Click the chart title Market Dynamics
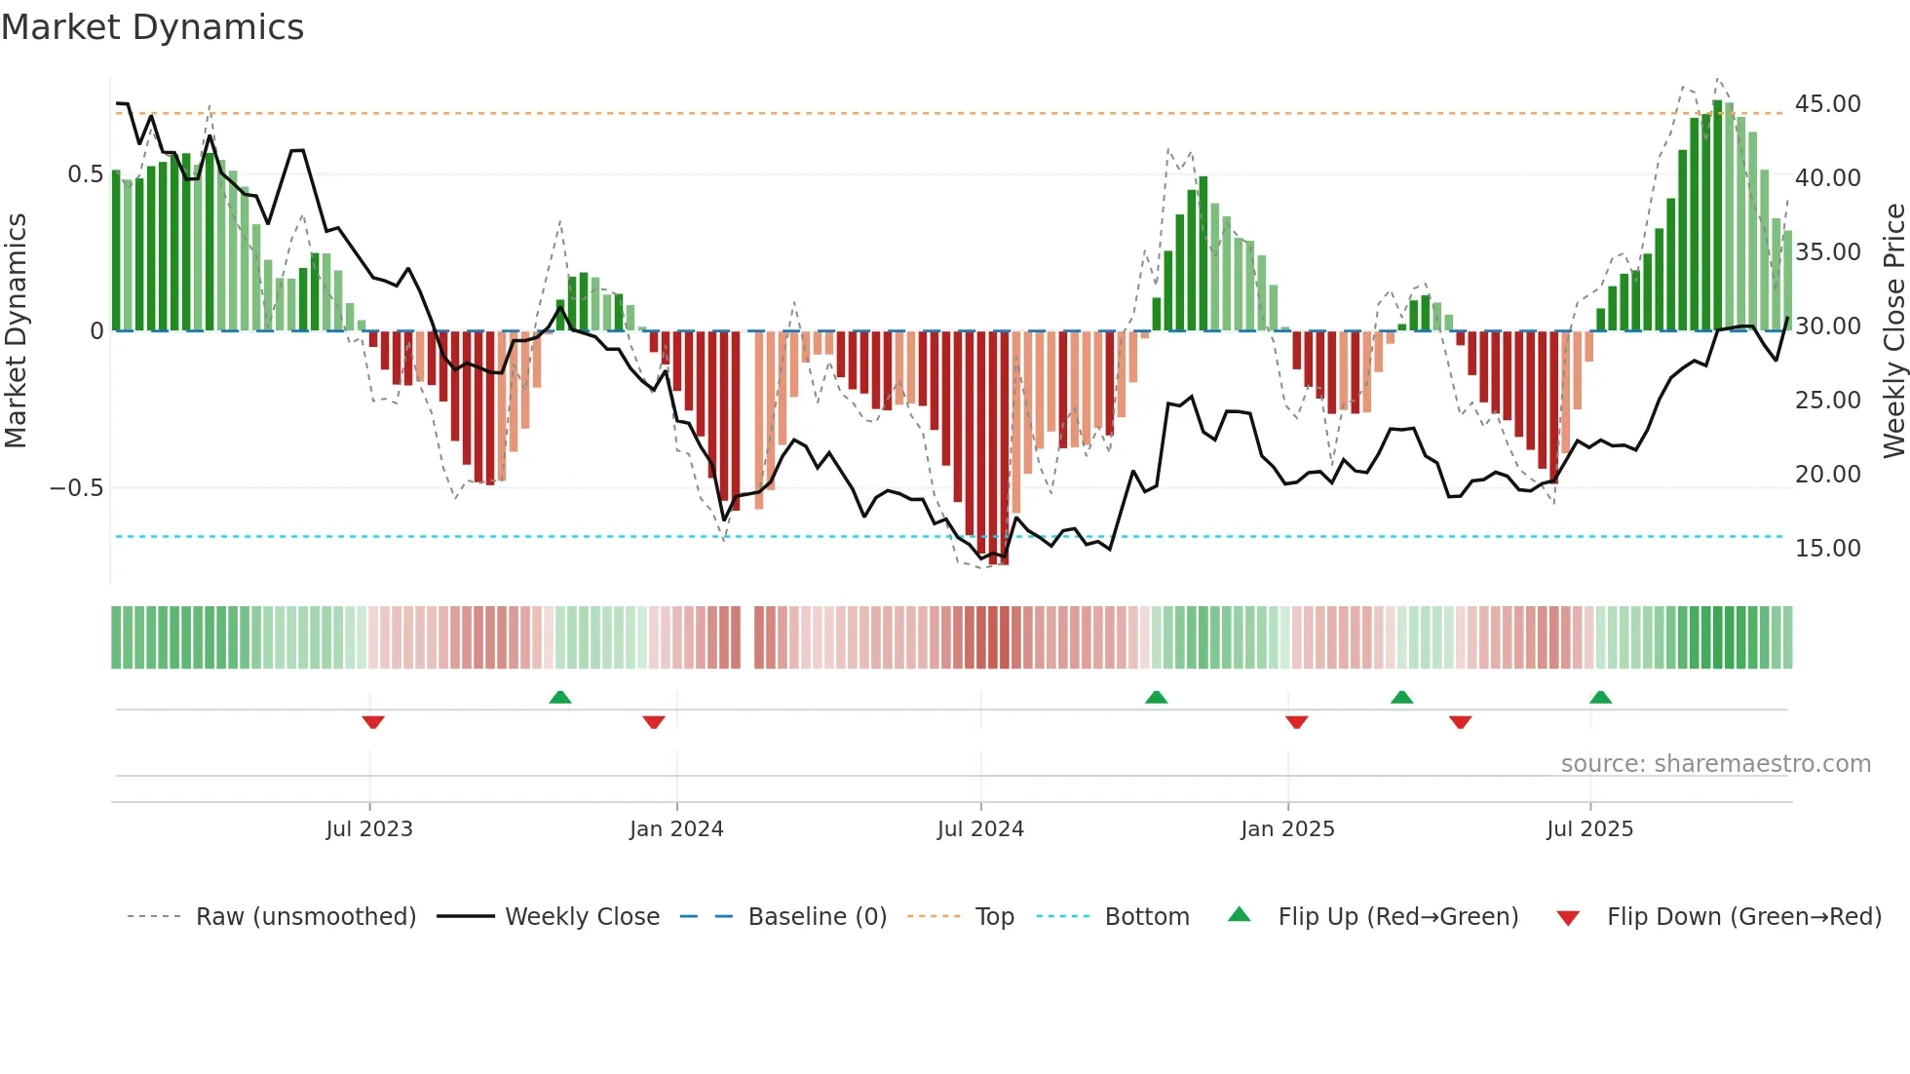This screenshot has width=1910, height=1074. tap(152, 27)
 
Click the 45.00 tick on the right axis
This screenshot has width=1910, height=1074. tap(1827, 104)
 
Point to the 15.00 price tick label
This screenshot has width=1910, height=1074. tap(1827, 549)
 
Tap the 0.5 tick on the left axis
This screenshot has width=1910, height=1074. tap(85, 174)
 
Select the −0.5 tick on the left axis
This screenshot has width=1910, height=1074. tap(77, 488)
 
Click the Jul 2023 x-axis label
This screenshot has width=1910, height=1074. tap(369, 829)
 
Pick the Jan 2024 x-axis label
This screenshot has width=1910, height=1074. tap(676, 829)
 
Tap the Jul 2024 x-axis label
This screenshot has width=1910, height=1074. tap(980, 829)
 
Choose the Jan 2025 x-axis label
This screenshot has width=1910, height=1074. tap(1287, 829)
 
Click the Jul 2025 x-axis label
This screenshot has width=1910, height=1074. tap(1589, 829)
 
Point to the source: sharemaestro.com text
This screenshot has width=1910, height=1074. tap(1715, 764)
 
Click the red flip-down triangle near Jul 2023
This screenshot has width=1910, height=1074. tap(373, 722)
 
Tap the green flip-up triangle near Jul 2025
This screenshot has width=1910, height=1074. tap(1600, 697)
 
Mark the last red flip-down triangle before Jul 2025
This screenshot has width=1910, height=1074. tap(1460, 722)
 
